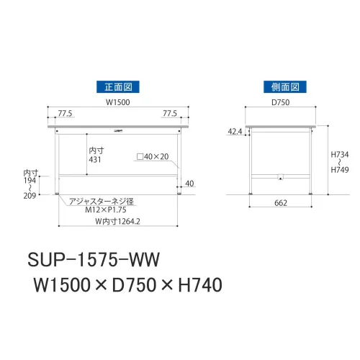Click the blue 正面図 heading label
click(118, 87)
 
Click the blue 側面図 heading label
click(285, 87)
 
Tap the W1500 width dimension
click(118, 102)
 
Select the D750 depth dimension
click(280, 102)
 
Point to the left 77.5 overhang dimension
click(65, 113)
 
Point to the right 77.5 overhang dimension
click(170, 113)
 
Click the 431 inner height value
click(95, 160)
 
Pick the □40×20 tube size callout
click(153, 157)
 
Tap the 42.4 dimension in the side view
click(235, 132)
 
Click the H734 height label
click(340, 154)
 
